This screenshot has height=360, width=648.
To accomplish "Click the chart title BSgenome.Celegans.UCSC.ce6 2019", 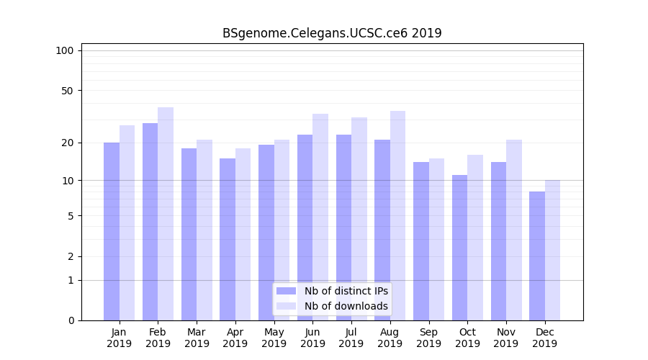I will pos(332,33).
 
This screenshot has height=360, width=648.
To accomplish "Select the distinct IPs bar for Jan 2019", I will pos(112,231).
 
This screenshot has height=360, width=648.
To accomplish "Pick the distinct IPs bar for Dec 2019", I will pos(537,256).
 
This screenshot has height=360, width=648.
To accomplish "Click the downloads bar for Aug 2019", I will pos(397,215).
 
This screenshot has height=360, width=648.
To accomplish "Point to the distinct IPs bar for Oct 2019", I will pos(459,248).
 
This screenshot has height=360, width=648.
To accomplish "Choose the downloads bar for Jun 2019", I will pos(320,217).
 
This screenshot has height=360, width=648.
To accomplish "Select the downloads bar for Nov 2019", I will pos(514,230).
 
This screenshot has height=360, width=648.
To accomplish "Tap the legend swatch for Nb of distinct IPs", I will pos(287,291).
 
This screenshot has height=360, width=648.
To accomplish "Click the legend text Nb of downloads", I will pos(346,306).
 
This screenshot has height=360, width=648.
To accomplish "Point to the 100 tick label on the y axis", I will pos(65,50).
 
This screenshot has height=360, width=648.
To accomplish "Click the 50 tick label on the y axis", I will pos(67,91).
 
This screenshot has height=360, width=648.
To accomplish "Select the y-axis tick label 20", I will pos(67,143).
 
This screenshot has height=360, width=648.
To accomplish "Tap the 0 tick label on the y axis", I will pos(71,320).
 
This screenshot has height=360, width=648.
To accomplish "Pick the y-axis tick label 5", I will pos(71,215).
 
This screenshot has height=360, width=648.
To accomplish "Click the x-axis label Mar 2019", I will pos(197,338).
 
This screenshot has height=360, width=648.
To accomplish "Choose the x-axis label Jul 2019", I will pos(351,338).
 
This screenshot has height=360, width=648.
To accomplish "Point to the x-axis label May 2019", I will pos(274,338).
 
